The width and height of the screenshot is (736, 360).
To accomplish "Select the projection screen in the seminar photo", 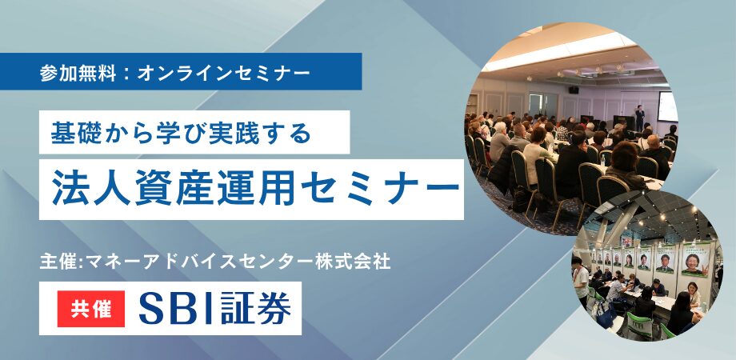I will [666, 107].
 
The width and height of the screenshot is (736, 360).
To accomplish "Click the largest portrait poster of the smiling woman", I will [694, 259].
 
